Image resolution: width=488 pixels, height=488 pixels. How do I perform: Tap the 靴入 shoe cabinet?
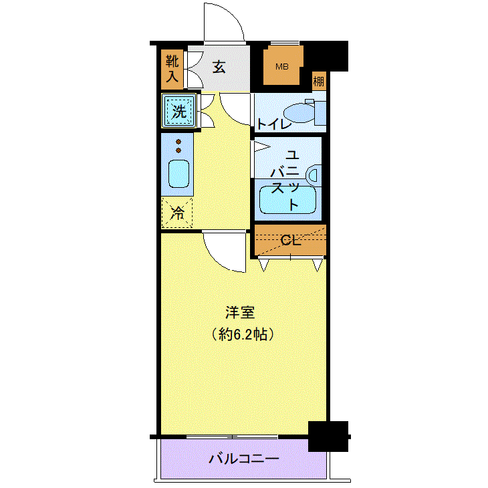(172, 70)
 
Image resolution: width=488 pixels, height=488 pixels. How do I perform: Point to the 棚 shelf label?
(319, 82)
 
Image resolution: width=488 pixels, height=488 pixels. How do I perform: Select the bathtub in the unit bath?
(287, 199)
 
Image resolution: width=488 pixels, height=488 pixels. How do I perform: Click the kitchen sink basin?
(178, 174)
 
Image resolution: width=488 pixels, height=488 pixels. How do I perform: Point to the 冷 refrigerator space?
(177, 213)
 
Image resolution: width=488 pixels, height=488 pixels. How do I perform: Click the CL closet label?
(289, 241)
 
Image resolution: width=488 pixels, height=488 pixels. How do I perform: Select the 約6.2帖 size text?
(242, 334)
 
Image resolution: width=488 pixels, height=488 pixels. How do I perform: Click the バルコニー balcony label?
(243, 459)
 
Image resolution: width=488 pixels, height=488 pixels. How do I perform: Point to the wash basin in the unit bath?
(313, 174)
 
